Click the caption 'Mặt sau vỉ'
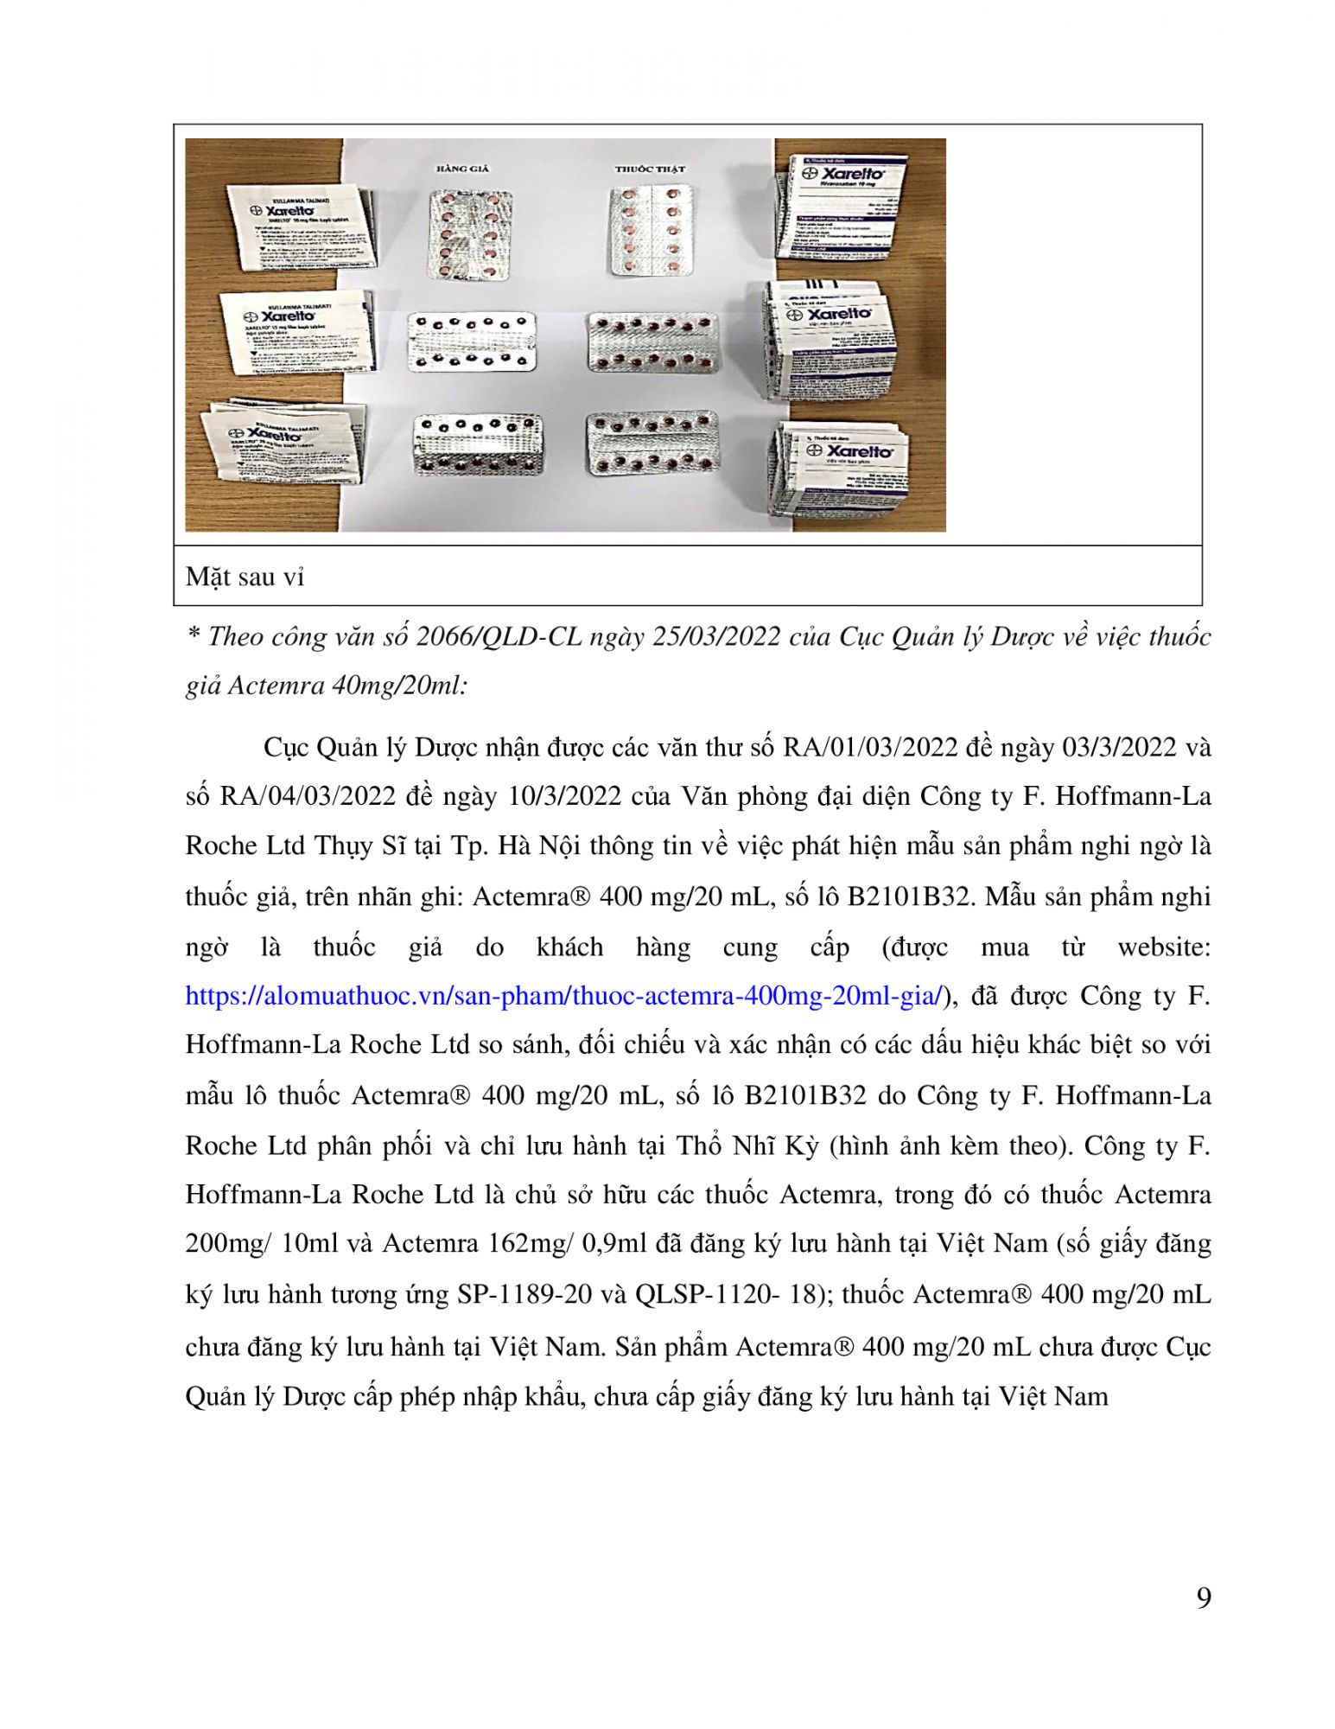245,577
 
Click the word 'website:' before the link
1163,947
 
